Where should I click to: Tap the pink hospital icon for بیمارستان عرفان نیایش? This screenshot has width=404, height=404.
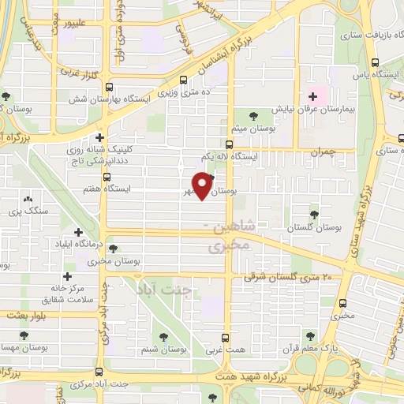[x=313, y=97]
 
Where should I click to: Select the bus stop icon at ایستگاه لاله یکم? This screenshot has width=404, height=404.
[x=229, y=144]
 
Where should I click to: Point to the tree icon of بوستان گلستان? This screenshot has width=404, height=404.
[x=314, y=214]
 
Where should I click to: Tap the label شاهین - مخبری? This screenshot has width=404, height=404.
[x=228, y=238]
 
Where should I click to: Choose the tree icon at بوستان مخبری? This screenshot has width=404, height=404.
[x=114, y=249]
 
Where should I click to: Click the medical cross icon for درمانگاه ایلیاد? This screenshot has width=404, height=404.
[x=78, y=232]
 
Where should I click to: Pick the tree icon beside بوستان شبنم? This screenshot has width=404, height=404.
[x=163, y=336]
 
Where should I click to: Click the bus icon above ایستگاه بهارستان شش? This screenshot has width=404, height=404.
[x=109, y=87]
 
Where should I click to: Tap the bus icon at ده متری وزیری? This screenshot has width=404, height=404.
[x=183, y=79]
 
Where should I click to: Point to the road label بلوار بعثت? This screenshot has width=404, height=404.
[x=24, y=315]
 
